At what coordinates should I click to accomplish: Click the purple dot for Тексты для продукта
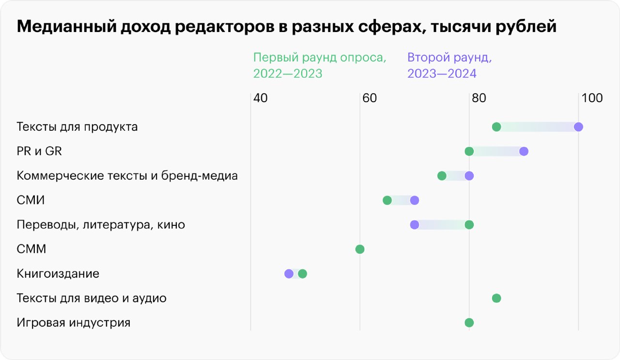(578, 127)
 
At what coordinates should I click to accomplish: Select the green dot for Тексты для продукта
(496, 127)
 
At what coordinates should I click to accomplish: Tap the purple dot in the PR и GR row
(524, 151)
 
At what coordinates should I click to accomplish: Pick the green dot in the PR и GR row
(469, 151)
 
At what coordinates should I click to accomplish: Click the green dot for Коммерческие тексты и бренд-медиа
(442, 176)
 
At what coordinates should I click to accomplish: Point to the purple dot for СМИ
(414, 200)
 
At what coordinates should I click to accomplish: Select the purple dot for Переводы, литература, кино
(414, 225)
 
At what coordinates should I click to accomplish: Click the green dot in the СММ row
(359, 249)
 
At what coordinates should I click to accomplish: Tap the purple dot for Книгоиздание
(289, 274)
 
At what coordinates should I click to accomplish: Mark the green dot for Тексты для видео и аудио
(496, 298)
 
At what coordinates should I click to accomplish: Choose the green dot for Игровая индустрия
(469, 323)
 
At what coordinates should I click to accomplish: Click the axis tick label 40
(260, 98)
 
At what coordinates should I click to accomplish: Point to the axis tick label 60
(369, 98)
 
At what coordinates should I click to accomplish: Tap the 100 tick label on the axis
(592, 98)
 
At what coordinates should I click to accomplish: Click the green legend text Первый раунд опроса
(320, 58)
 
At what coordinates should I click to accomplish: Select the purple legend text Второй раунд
(449, 58)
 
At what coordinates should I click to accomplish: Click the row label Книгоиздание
(58, 274)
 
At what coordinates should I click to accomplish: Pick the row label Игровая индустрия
(74, 323)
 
